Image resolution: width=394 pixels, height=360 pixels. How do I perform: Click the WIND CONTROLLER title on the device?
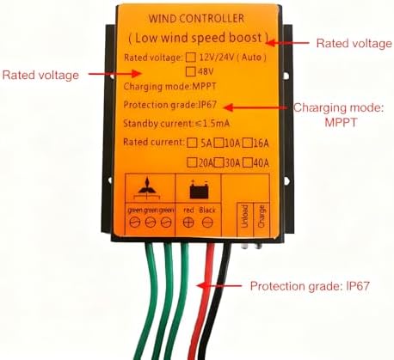pyautogui.click(x=195, y=17)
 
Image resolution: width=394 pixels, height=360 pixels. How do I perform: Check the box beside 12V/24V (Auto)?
pyautogui.click(x=191, y=57)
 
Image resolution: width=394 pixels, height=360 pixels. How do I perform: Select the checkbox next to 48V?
pyautogui.click(x=191, y=71)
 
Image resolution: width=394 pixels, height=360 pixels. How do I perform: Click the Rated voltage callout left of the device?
pyautogui.click(x=40, y=75)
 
